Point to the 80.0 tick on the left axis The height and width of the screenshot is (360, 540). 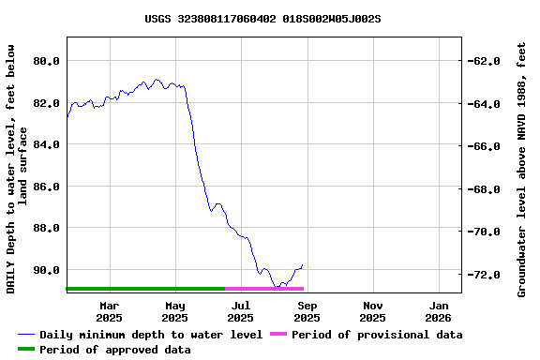[46, 61]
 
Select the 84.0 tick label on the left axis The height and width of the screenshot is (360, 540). [46, 144]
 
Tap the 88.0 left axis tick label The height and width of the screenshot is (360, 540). [46, 228]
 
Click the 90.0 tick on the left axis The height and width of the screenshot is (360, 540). [46, 270]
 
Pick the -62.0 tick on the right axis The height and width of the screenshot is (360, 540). [485, 61]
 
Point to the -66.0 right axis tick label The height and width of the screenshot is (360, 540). [485, 146]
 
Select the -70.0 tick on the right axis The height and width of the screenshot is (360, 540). [485, 232]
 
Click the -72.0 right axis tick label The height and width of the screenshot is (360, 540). [485, 275]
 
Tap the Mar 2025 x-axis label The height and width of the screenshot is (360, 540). [110, 311]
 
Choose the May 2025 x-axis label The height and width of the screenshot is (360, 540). [175, 311]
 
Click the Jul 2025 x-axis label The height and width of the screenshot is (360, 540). [241, 311]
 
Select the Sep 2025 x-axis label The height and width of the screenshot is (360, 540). [307, 311]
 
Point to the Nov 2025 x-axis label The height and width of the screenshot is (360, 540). [373, 311]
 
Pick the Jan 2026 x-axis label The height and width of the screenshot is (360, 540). [440, 311]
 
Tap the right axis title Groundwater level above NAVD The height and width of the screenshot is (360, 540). [522, 169]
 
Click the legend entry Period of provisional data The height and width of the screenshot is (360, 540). [376, 335]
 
